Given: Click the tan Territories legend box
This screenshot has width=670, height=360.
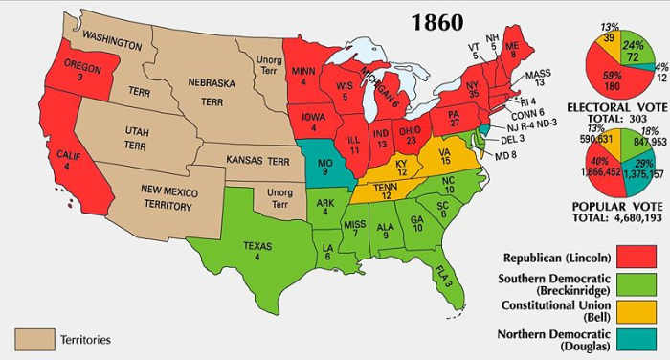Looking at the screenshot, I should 33,339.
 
